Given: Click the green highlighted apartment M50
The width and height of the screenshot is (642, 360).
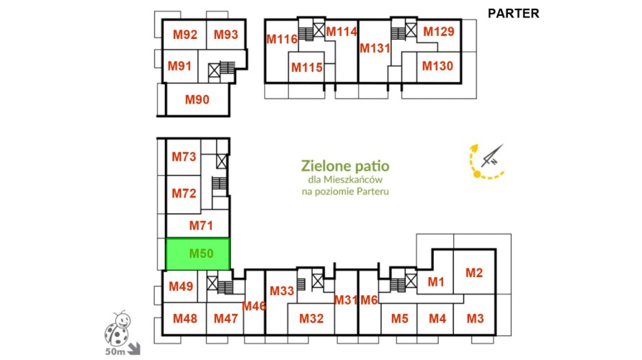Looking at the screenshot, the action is coord(197,253).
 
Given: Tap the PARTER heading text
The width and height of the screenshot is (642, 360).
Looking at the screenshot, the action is coord(514,14).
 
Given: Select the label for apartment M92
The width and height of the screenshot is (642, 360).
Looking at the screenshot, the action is coord(185,35).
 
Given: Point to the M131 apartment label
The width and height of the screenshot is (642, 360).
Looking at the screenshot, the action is coord(375,48).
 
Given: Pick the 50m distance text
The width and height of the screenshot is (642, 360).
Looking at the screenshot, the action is coord(115,351).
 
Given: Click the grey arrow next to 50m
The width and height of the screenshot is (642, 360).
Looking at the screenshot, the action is coord(134,349).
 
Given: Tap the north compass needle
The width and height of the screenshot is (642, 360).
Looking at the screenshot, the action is coord(492,156).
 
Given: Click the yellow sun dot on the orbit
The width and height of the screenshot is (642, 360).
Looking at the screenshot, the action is coord(477,175).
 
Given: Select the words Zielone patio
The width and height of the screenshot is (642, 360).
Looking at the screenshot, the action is coord(345,166).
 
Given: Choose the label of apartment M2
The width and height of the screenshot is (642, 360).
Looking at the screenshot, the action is coord(474,273).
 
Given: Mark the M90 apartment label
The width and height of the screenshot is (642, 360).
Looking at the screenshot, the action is coord(197,99).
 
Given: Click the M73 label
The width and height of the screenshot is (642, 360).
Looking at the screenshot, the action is coord(184,157).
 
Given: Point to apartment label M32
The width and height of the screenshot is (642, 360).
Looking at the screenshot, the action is coord(311,318).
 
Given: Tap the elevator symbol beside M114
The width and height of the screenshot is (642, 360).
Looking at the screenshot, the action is coord(319,30).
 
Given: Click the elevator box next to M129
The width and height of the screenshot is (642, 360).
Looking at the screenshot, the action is coord(411,30).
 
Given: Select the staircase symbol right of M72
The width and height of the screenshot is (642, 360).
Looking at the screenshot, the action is coord(220,183).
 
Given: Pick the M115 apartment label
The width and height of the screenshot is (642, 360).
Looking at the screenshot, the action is coord(307,67).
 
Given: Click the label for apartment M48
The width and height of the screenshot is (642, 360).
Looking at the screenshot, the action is coord(185,318).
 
